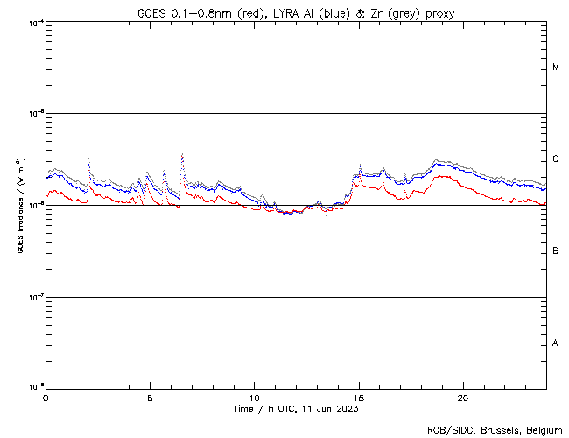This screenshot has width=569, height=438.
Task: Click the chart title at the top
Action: tap(296, 13)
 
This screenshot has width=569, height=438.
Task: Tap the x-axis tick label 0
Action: tap(46, 398)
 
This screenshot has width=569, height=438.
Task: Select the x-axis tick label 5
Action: tap(150, 398)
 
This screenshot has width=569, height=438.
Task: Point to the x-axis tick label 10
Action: tap(254, 398)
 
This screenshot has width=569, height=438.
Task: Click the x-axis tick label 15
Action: tap(358, 398)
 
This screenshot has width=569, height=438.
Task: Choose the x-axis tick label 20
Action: tap(462, 398)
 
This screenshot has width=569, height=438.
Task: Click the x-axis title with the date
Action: tap(296, 409)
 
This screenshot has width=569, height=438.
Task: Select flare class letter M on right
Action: tap(556, 67)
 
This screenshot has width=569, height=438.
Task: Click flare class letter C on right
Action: tap(556, 159)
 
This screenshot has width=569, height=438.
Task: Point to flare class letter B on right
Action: tap(556, 251)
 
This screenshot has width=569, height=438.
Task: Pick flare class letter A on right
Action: tap(556, 343)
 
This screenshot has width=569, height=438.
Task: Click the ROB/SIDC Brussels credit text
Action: tap(495, 430)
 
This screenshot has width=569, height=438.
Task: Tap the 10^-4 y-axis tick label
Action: tap(35, 23)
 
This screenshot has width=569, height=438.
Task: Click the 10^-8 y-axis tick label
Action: tap(35, 386)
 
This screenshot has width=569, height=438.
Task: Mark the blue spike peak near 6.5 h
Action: tap(182, 155)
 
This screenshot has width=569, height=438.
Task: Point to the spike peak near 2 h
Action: tap(88, 159)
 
